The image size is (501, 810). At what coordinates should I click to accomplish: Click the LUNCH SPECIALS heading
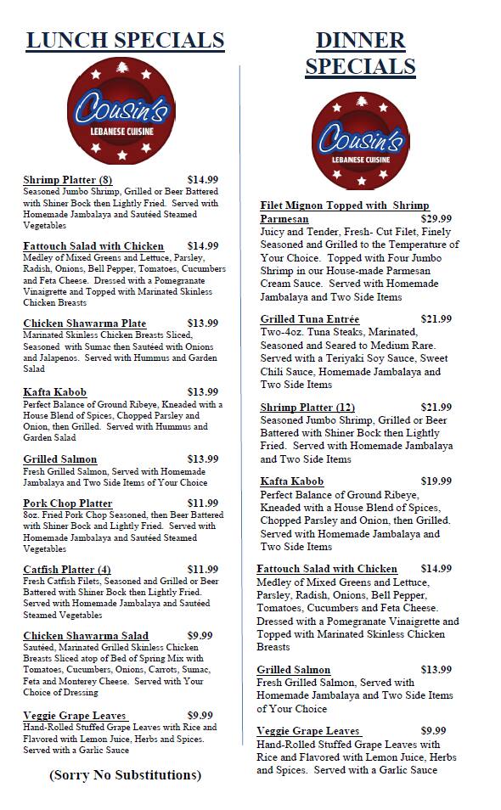tap(125, 40)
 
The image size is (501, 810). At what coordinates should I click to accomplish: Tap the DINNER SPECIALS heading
tap(360, 53)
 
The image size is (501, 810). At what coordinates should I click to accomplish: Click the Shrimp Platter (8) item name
tap(68, 179)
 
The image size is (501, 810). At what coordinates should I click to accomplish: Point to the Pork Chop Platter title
tap(68, 503)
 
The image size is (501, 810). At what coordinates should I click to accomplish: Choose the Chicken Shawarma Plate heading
tap(84, 323)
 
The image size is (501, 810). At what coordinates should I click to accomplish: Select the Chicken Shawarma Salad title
tap(86, 635)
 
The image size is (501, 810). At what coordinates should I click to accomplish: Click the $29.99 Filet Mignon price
tap(436, 218)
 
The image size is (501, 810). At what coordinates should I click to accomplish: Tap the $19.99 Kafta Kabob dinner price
tap(436, 481)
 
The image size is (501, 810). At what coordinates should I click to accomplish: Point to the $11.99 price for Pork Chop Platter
tap(203, 503)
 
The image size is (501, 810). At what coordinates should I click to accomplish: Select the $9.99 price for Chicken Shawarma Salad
tap(200, 635)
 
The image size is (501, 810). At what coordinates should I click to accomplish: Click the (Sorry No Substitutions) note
tap(125, 774)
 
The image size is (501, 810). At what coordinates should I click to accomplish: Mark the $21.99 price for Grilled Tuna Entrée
tap(436, 319)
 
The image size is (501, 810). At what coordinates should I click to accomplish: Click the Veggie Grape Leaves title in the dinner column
tap(309, 731)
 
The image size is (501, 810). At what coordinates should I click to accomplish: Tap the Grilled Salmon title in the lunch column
tap(60, 459)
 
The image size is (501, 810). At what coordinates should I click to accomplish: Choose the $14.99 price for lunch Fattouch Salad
tap(203, 246)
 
